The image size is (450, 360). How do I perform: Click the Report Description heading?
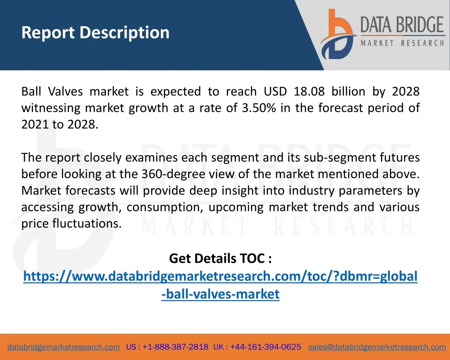(x=95, y=33)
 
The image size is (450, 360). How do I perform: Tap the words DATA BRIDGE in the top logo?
(x=402, y=25)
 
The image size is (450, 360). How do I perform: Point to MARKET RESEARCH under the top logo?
(x=402, y=43)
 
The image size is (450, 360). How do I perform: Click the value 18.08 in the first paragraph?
(x=309, y=91)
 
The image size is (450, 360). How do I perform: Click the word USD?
(x=275, y=91)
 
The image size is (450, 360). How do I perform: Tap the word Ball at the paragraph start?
(x=31, y=91)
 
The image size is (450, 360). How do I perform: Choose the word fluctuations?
(x=87, y=224)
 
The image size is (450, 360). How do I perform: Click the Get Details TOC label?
(x=221, y=258)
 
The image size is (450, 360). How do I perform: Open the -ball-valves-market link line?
(x=221, y=294)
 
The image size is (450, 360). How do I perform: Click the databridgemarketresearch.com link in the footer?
(x=64, y=347)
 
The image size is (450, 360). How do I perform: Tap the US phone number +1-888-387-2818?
(x=175, y=347)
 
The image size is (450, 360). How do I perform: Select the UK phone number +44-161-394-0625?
(x=265, y=347)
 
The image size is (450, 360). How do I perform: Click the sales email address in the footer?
(x=377, y=347)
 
